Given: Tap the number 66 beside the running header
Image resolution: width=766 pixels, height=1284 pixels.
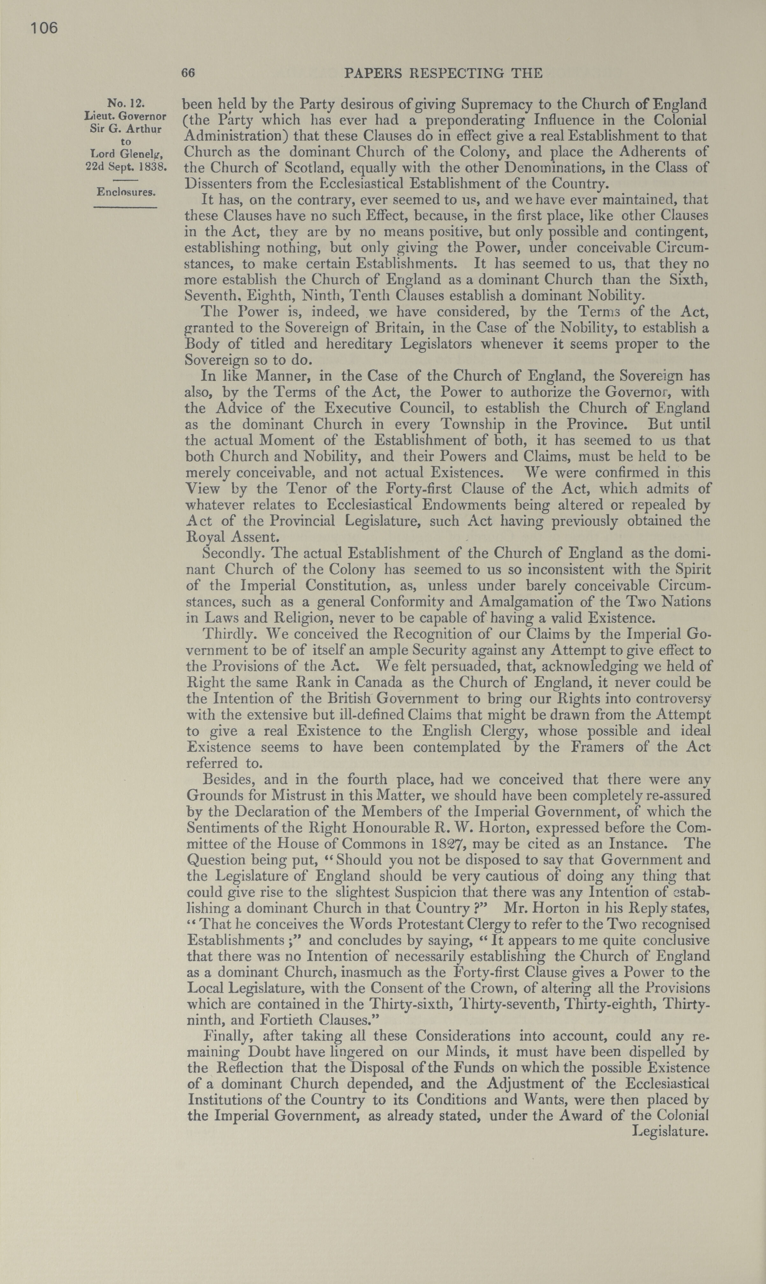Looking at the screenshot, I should (x=188, y=73).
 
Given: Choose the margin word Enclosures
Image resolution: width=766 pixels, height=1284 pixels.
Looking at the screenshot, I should (x=126, y=192).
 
